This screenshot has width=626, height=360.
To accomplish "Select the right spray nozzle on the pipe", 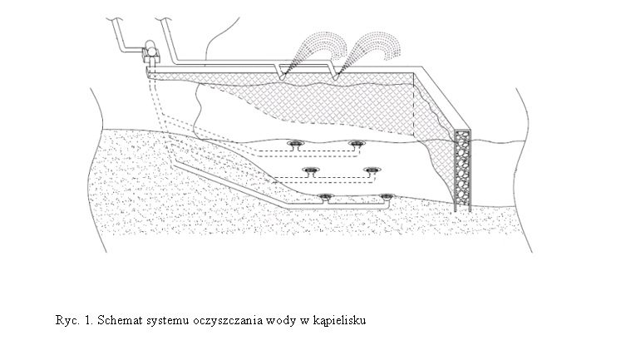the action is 335,72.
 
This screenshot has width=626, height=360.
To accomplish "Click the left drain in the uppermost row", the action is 296,144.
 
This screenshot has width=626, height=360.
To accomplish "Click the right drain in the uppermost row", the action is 355,144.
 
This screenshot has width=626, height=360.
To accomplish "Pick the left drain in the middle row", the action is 310,170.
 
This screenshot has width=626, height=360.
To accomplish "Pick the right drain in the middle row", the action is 372,170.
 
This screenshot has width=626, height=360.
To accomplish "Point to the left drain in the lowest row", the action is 325,197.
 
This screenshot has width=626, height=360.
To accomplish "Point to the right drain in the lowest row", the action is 387,197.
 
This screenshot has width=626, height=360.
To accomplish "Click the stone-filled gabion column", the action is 463,170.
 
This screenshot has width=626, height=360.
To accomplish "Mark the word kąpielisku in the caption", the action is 339,321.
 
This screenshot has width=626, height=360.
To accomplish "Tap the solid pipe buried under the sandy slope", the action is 232,185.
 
